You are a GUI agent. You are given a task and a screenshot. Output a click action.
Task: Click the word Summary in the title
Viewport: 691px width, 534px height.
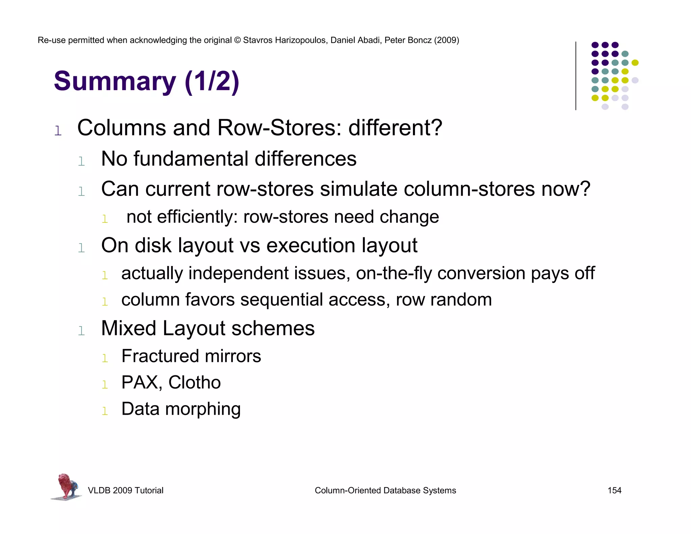tap(115, 81)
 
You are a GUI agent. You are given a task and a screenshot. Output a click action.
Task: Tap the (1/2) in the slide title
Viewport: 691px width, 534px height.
tap(212, 81)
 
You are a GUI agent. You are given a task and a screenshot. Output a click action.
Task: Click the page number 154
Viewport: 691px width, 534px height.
tap(614, 490)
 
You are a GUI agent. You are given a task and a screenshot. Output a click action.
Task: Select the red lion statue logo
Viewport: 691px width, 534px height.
tap(67, 486)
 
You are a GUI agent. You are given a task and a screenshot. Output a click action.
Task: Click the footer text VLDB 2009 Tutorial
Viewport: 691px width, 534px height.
tap(126, 490)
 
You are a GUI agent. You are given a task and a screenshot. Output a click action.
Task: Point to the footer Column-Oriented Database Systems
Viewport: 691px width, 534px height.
tap(385, 490)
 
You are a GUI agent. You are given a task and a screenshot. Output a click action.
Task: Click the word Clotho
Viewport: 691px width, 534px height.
tap(195, 382)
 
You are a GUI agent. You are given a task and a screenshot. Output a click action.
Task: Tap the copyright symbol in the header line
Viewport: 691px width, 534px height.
tap(237, 40)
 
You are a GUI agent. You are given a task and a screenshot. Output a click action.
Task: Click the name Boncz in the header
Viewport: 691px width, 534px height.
tap(419, 40)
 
